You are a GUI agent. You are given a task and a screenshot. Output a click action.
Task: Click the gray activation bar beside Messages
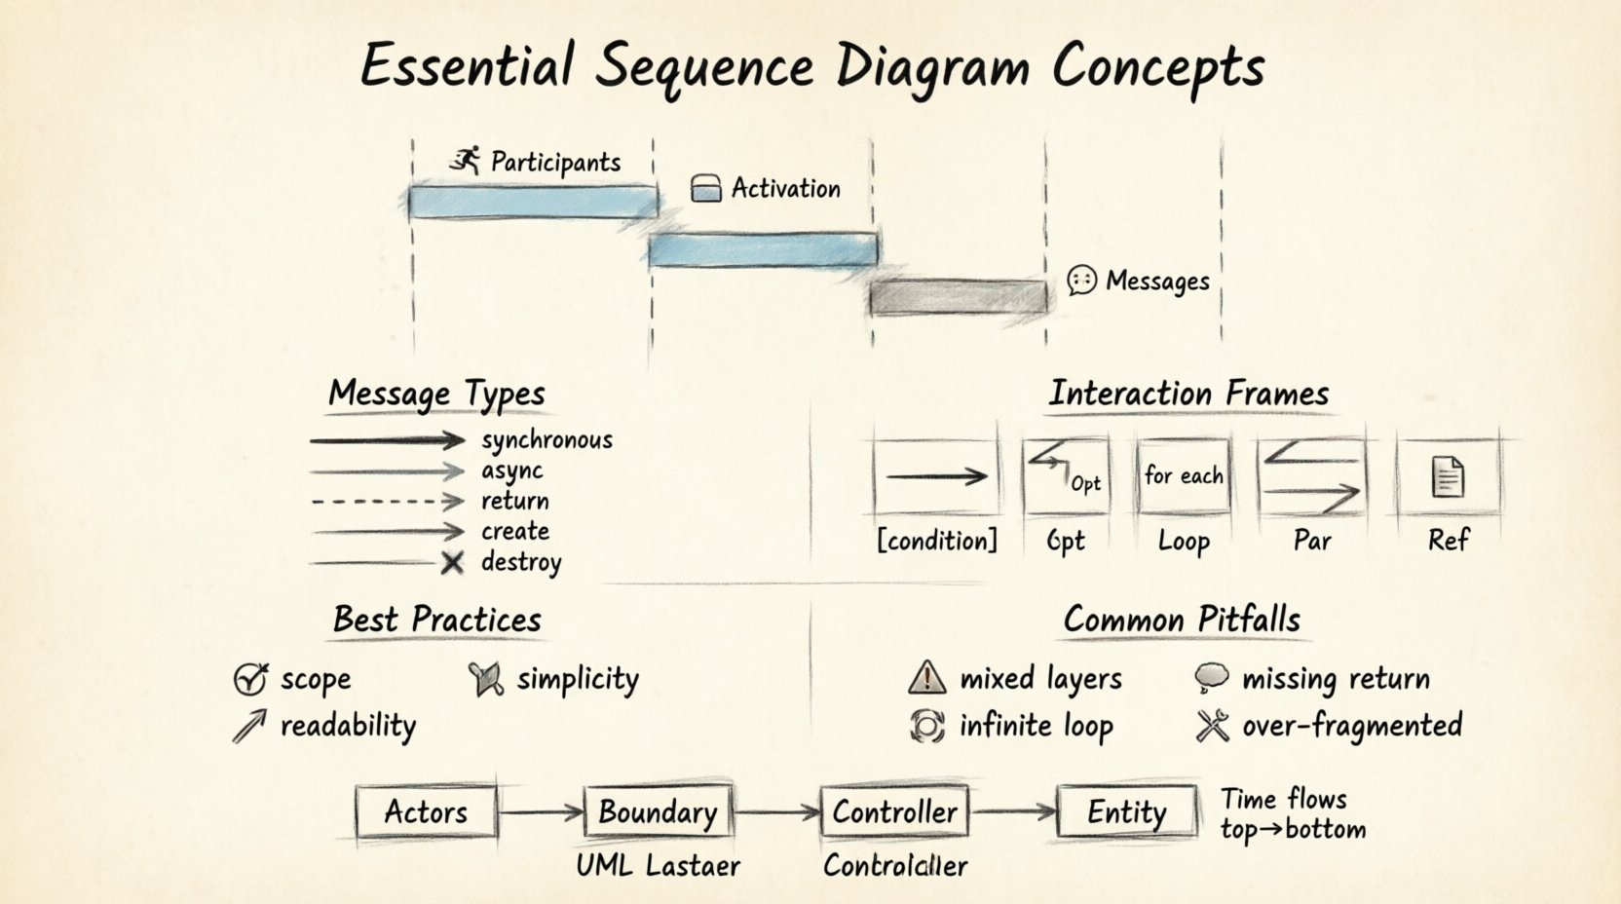point(959,297)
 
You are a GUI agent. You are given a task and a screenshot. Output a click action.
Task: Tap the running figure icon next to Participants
point(467,161)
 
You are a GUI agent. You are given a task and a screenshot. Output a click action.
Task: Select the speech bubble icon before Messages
point(1081,281)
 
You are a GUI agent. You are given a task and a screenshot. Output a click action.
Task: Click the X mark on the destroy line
point(452,563)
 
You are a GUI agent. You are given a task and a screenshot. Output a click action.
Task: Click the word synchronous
point(547,440)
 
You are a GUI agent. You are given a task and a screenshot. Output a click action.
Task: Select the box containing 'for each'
point(1183,476)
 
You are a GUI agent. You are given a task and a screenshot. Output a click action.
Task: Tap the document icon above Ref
point(1448,476)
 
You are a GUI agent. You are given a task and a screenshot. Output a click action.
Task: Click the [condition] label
point(937,541)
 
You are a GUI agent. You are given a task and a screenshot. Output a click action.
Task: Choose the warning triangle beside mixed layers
point(926,677)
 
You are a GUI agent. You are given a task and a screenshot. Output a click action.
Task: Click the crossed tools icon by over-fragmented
point(1213,726)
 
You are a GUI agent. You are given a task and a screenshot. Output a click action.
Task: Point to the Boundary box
point(658,811)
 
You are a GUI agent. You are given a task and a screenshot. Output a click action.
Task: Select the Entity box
point(1127,811)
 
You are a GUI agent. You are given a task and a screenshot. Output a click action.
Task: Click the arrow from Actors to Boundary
point(541,811)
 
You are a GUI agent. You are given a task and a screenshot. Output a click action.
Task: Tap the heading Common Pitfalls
point(1182,620)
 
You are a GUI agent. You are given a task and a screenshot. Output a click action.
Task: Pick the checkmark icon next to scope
point(250,678)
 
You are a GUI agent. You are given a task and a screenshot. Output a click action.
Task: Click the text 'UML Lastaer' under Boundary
point(658,866)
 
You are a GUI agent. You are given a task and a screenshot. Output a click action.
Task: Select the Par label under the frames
point(1311,541)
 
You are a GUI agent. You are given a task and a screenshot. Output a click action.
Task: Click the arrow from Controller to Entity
point(1013,810)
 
